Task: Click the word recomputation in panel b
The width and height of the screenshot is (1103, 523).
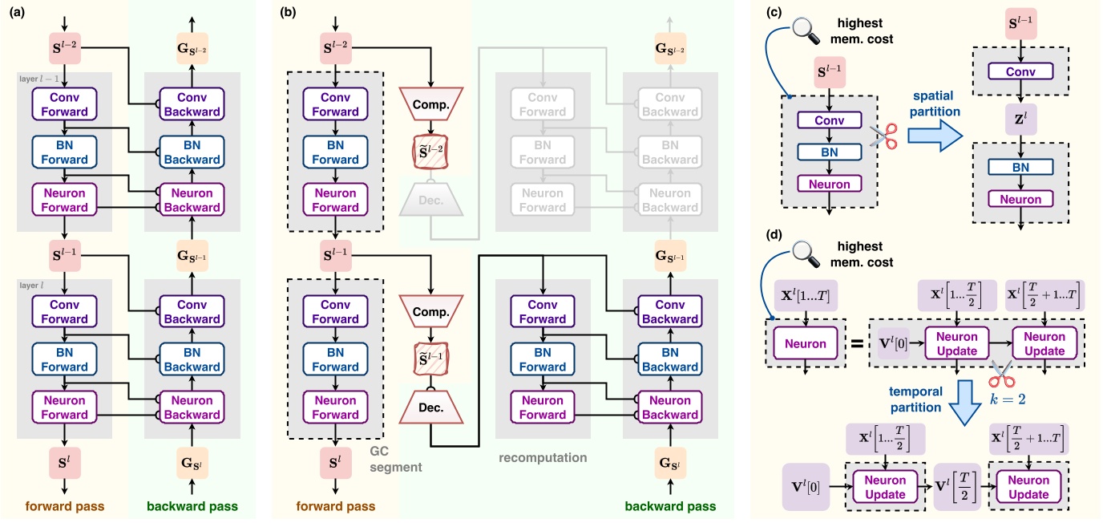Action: [542, 458]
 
